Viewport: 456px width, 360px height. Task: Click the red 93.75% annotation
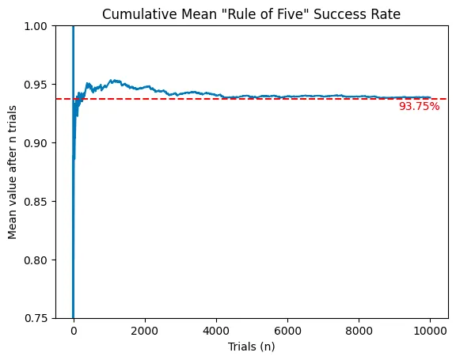click(419, 106)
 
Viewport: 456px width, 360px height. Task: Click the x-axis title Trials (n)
click(252, 347)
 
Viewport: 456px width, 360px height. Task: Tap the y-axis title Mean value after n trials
click(13, 172)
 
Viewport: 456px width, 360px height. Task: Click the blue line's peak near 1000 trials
click(113, 80)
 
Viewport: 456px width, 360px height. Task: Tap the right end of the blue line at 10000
click(430, 97)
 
